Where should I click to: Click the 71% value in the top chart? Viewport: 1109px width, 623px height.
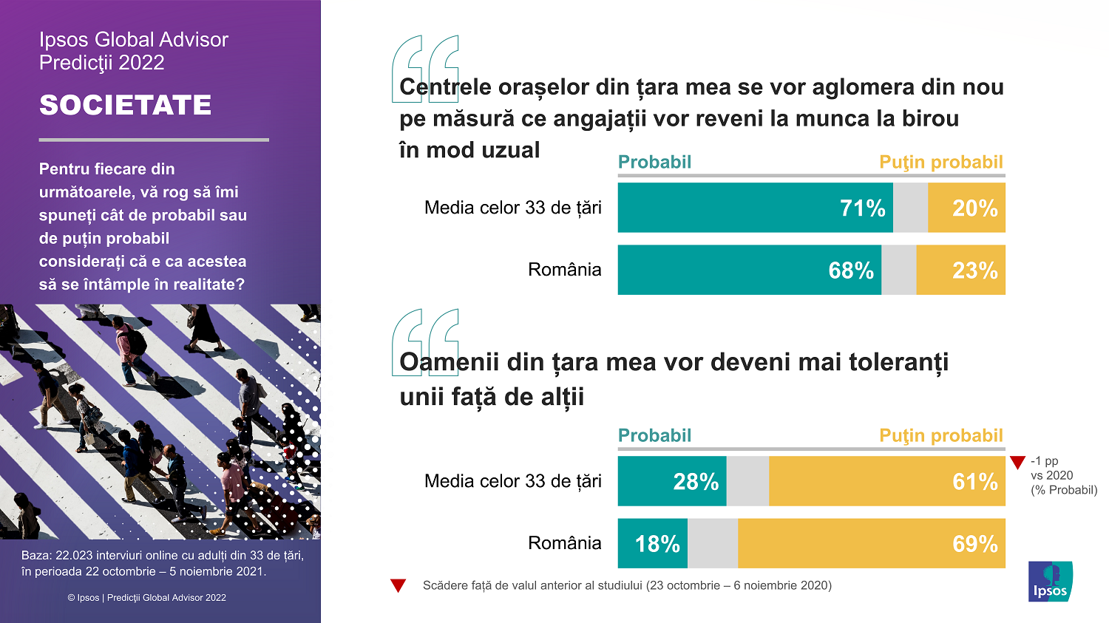pos(862,208)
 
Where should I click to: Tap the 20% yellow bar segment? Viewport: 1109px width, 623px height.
pos(966,208)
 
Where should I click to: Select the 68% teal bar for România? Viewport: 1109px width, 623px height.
pos(749,270)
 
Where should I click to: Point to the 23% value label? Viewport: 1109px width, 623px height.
pos(974,271)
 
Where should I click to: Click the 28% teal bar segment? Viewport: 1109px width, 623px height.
pos(672,482)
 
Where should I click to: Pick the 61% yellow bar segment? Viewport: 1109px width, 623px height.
pos(886,482)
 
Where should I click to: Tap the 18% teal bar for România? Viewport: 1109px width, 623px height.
pos(653,544)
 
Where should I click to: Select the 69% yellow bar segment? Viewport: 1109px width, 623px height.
pos(871,544)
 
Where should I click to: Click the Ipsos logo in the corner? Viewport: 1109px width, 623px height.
pos(1050,582)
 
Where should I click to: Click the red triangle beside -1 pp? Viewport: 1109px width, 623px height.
pos(1017,463)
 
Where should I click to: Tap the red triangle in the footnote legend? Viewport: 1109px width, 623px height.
pos(399,586)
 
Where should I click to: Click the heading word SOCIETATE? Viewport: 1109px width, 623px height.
pos(126,105)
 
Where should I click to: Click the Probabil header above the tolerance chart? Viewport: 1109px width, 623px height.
pos(654,436)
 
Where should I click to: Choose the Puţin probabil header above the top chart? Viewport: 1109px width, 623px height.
pos(940,163)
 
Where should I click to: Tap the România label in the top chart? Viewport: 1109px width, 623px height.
pos(564,270)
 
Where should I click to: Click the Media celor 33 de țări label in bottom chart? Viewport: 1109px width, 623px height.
pos(512,481)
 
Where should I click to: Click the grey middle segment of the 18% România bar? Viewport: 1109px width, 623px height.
pos(713,544)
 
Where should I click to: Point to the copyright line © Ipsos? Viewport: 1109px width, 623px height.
pos(147,598)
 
